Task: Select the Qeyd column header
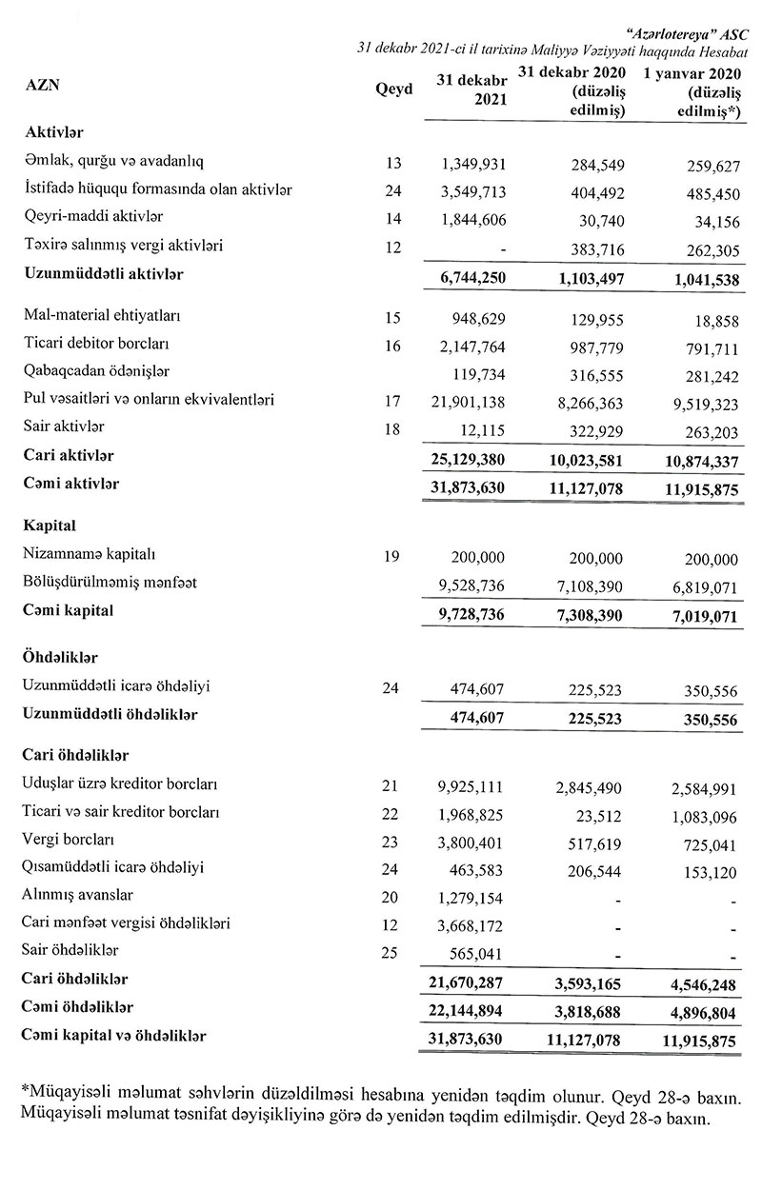394,89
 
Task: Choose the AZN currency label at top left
42,84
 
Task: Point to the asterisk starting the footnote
23,1086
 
